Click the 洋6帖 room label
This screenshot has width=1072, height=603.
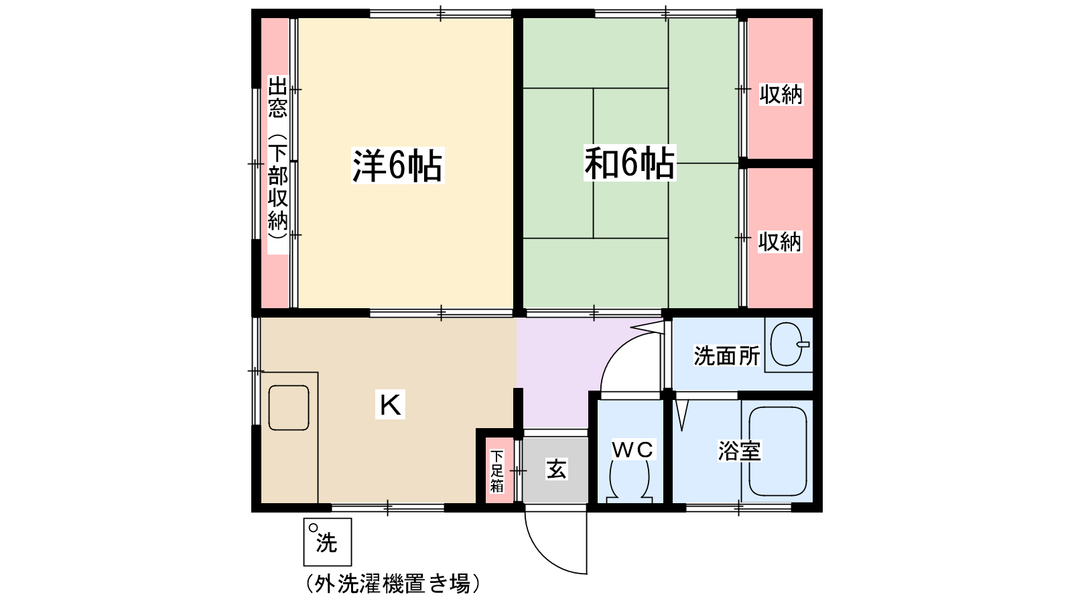[x=397, y=165]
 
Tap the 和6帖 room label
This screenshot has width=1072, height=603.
[x=629, y=163]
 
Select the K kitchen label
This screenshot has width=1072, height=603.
[x=390, y=405]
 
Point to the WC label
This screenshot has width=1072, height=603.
[x=632, y=450]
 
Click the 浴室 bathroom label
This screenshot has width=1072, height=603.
[x=740, y=450]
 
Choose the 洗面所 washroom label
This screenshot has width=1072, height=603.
[x=727, y=356]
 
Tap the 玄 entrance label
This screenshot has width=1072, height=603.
[x=557, y=469]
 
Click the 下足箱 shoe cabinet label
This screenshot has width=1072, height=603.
[x=496, y=471]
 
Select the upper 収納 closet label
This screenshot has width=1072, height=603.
[x=781, y=94]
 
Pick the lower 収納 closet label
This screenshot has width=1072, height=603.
[x=780, y=242]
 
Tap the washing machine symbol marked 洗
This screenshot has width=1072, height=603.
[x=328, y=542]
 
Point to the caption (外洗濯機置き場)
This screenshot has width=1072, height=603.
[x=393, y=583]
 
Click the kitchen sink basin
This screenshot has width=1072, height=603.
[x=289, y=408]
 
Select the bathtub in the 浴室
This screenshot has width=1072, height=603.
[x=778, y=452]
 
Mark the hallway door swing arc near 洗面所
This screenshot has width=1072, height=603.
[x=615, y=347]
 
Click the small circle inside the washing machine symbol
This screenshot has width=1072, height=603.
[x=313, y=528]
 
